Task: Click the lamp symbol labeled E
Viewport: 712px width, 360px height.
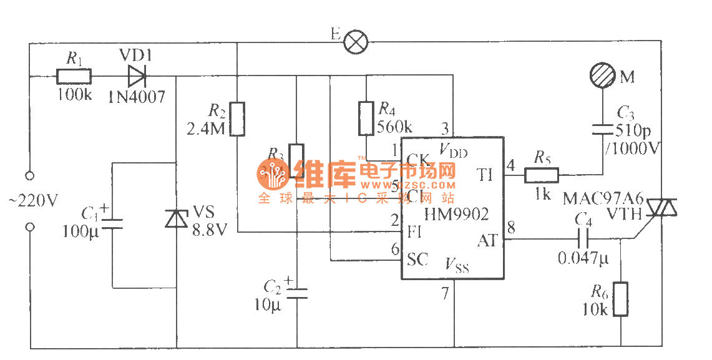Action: (356, 42)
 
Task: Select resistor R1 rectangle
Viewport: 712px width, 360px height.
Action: (74, 77)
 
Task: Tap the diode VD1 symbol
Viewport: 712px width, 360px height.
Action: (136, 77)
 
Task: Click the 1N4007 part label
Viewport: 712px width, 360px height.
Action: (137, 95)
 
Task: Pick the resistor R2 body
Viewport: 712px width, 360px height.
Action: (237, 119)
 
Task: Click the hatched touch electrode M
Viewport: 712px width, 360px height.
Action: (603, 76)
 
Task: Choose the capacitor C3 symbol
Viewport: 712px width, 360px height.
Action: (603, 129)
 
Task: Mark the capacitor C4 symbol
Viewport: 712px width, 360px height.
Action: (583, 238)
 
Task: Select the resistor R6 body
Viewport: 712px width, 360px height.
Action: (621, 299)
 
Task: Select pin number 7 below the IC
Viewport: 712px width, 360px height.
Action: (445, 292)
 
